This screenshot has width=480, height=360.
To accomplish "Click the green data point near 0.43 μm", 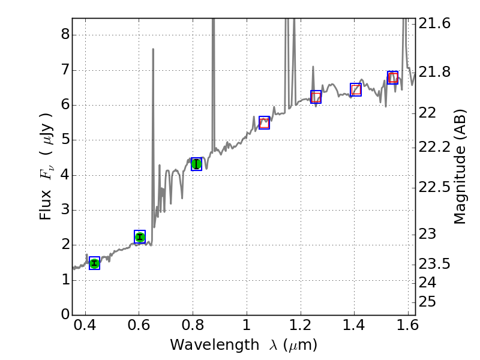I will point(94,263).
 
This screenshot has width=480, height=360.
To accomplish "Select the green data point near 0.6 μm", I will point(140,236).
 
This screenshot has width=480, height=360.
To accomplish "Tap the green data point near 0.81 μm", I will point(196,164).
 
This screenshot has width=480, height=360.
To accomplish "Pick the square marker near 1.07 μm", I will point(264,122).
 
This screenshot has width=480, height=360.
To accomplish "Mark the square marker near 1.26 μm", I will point(316,97).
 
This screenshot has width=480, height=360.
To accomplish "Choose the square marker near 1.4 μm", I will point(356,89).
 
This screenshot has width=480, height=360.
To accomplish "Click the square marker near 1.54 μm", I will point(392,77).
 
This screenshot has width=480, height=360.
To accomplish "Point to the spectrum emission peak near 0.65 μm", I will point(153,50).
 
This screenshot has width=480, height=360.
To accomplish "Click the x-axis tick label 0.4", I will point(85,328).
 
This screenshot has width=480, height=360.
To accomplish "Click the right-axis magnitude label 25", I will point(428,301).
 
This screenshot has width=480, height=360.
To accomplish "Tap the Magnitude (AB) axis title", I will point(460,166).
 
